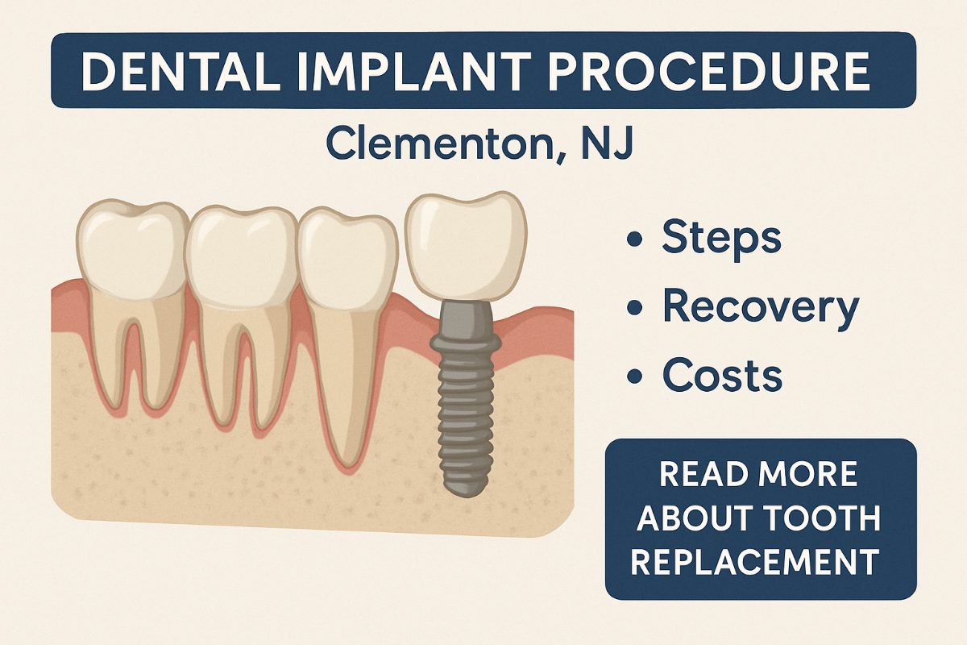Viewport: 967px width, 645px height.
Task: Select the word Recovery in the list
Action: (x=760, y=307)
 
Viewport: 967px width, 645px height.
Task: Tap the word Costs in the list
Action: (x=722, y=375)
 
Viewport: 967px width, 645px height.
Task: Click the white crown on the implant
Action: (x=463, y=247)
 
